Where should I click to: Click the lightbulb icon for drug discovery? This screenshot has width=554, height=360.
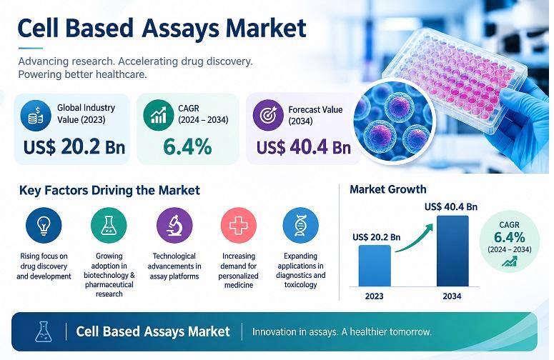coord(44,225)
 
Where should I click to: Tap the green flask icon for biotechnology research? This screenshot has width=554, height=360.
coord(109,225)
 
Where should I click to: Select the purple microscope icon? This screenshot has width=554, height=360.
coord(174,225)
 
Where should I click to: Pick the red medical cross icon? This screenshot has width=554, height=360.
coord(239,225)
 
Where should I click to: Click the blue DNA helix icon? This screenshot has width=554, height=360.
coord(301,225)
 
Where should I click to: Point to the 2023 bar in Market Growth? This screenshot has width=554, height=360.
coord(375,266)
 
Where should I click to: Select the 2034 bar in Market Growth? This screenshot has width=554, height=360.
coord(452,251)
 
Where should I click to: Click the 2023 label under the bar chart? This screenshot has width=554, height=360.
coord(374,296)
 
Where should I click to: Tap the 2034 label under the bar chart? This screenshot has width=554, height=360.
coord(452,296)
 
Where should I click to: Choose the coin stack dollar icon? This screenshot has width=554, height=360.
coord(36,116)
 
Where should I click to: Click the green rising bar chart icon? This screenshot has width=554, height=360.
coord(158,115)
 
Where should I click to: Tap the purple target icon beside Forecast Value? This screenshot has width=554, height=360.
coord(268,115)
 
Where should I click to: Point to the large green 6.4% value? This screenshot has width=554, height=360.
coord(187,147)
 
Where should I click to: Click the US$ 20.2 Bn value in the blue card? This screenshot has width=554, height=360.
coord(74,147)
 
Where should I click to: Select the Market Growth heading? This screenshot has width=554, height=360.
coord(388,189)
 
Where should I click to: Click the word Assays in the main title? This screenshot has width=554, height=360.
coord(181,29)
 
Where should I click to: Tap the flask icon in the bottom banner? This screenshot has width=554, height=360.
coord(44,331)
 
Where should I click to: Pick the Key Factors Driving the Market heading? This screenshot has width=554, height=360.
coord(109,191)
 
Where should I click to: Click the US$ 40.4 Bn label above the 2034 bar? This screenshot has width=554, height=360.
coord(451,207)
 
